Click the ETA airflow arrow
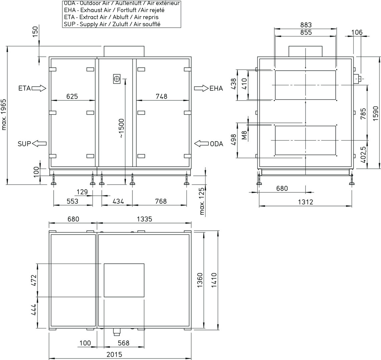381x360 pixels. pos(39,88)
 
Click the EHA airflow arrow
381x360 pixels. pos(201,88)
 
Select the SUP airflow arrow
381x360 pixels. pos(39,144)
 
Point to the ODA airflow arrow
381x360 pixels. pos(202,144)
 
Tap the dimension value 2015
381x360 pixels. pos(114,355)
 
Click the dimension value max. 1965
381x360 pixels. pos(4,114)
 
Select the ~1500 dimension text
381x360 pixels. pos(121,128)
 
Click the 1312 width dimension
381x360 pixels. pos(305,202)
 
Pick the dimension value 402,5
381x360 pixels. pos(363,154)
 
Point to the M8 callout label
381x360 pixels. pos(245,135)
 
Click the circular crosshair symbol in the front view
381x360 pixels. pos(117,79)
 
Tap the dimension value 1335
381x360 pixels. pos(144,219)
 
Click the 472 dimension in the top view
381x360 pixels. pos(34,280)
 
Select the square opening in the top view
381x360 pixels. pos(124,280)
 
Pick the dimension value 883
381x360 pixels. pos(306,25)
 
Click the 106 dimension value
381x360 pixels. pos(357,32)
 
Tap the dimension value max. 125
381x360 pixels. pos(202,201)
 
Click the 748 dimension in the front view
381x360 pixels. pos(161,96)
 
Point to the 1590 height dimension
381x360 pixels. pos(376,113)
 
